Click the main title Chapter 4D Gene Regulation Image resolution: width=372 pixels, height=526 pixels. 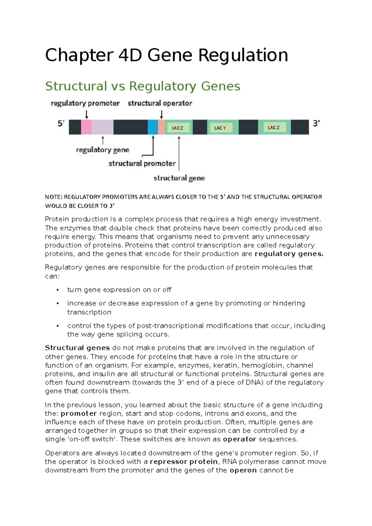(x=166, y=55)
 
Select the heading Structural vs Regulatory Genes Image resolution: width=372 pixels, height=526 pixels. (x=143, y=86)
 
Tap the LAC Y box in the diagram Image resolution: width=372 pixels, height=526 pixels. (x=220, y=128)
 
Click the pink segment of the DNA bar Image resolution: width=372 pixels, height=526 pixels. (x=86, y=127)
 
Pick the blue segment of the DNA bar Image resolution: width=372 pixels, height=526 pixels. (x=153, y=127)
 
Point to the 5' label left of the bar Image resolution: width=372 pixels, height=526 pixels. (x=61, y=124)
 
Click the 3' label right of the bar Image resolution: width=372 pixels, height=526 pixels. (x=316, y=124)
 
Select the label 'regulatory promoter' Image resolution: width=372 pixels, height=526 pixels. (x=85, y=103)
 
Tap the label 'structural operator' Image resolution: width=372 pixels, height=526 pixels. (x=160, y=103)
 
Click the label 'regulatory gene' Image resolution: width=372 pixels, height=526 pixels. (x=103, y=150)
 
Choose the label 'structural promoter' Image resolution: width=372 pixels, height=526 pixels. (x=142, y=164)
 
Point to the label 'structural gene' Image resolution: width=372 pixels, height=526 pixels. (x=179, y=178)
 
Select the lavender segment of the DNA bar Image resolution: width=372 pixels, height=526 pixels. (x=102, y=127)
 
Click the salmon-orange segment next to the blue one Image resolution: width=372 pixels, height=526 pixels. (x=161, y=127)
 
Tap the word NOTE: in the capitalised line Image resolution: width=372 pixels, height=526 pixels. (x=54, y=197)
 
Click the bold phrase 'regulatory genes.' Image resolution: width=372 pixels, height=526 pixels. (x=289, y=254)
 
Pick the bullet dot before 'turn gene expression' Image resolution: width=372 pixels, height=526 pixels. (x=58, y=290)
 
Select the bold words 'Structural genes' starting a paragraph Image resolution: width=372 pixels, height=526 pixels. (x=77, y=348)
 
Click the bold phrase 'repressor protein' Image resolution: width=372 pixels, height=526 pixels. (x=184, y=462)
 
